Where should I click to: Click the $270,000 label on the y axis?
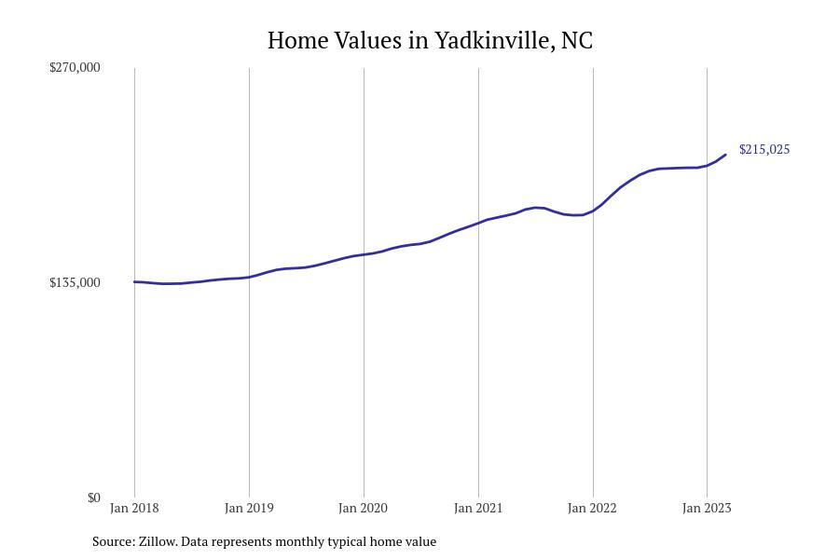click(x=75, y=67)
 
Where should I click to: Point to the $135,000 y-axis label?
click(x=75, y=282)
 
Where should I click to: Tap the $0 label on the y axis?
click(x=93, y=498)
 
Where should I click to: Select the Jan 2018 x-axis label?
click(x=134, y=508)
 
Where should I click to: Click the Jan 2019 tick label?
click(x=249, y=508)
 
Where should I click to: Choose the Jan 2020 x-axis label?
click(x=364, y=508)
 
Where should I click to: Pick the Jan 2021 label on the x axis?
click(x=478, y=508)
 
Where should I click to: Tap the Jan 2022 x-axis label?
click(x=593, y=508)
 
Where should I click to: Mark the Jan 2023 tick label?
click(x=707, y=508)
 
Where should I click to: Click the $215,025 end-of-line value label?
click(x=764, y=149)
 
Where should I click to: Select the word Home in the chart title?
click(x=297, y=41)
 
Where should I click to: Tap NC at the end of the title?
click(x=576, y=41)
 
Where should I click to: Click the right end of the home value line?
click(x=725, y=155)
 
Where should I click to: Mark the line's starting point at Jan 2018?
click(x=134, y=281)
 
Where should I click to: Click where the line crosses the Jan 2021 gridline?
click(x=478, y=223)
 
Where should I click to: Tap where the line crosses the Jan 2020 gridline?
click(x=364, y=254)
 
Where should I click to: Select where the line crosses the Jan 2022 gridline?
click(x=593, y=211)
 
